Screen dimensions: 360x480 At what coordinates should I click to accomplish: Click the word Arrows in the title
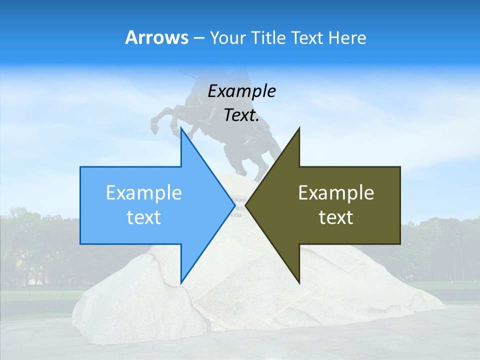(x=156, y=37)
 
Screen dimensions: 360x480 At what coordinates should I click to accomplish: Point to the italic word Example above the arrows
(x=241, y=91)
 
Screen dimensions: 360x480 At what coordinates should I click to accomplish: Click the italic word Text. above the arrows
(x=241, y=115)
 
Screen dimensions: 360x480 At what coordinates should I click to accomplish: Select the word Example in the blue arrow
(x=143, y=193)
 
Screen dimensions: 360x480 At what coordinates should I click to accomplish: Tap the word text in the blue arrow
(x=143, y=217)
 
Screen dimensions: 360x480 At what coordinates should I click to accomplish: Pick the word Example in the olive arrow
(x=336, y=193)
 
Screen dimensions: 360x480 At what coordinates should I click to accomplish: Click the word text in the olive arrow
(x=336, y=217)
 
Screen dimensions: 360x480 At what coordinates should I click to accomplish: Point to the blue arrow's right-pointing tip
(x=234, y=205)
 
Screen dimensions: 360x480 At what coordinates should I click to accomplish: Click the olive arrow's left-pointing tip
(x=246, y=205)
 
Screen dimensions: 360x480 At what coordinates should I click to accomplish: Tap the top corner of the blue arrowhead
(x=181, y=128)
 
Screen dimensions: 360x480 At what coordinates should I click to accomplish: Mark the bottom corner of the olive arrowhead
(x=298, y=282)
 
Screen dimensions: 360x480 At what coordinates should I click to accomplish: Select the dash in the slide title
(x=198, y=37)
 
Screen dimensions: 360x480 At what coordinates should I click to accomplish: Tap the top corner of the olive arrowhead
(x=298, y=128)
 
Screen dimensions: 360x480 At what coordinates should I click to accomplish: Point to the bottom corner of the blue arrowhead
(x=181, y=282)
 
